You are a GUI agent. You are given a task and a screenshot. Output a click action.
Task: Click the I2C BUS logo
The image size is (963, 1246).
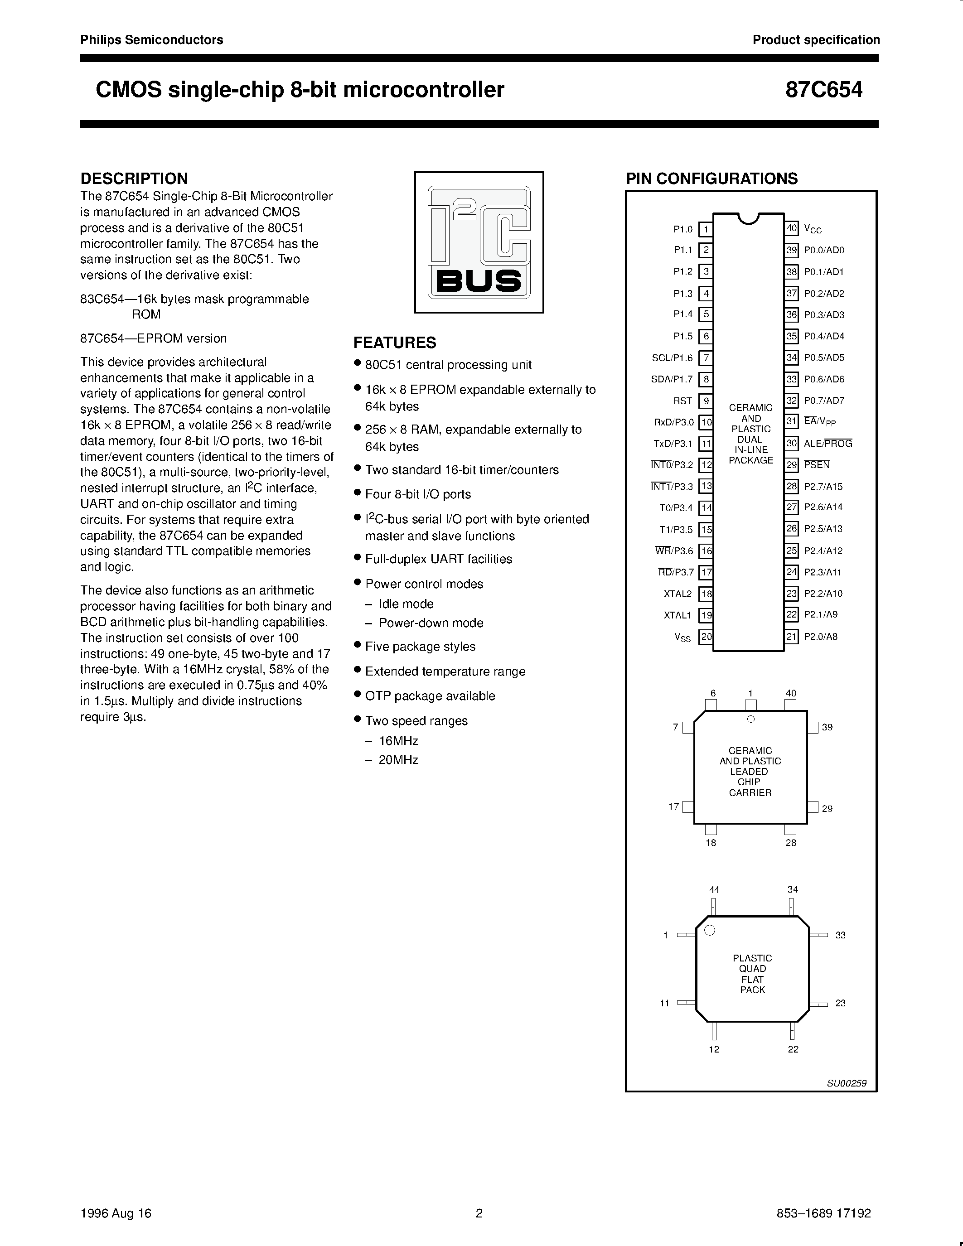coord(479,242)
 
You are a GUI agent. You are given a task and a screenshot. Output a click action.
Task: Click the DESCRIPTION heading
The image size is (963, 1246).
coord(134,178)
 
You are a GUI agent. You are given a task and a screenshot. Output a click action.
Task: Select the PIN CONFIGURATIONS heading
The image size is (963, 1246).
coord(711,178)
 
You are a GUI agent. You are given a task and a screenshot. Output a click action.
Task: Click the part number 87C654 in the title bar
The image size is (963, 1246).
coord(824,90)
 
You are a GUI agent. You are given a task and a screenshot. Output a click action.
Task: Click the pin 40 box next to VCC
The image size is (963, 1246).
coord(791,229)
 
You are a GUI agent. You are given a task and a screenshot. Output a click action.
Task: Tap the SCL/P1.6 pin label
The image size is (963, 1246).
coord(672,357)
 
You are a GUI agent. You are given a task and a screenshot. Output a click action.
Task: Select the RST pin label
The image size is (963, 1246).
coord(682,401)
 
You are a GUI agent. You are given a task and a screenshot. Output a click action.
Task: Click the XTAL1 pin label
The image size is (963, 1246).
coord(677,615)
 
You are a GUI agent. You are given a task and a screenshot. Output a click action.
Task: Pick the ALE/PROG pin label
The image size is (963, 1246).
coord(828,443)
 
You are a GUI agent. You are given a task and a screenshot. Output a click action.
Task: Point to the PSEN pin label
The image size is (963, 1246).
coord(816,464)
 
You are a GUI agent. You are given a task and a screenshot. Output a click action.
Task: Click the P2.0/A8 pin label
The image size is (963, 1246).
coord(820,637)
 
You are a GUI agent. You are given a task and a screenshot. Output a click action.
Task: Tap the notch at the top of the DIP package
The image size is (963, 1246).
coord(749,218)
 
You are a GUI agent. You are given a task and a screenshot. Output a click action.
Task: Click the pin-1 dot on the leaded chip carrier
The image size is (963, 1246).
coord(751,719)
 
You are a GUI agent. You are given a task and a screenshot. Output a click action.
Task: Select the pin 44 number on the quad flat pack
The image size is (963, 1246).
coord(714,889)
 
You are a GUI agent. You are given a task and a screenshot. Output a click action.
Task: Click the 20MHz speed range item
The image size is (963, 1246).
coord(398,760)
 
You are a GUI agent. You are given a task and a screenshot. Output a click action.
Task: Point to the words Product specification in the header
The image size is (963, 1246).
coord(816,40)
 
